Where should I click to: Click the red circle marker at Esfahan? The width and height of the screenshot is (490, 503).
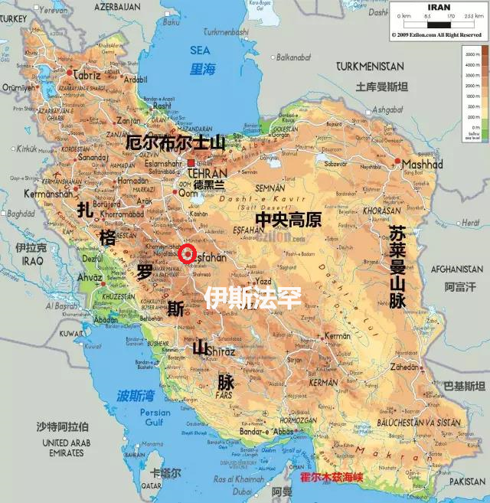pyautogui.click(x=188, y=254)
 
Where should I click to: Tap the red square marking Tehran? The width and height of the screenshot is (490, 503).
pyautogui.click(x=191, y=164)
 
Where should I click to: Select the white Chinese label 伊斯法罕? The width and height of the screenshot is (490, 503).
pyautogui.click(x=252, y=296)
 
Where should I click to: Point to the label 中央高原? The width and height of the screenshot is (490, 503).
pyautogui.click(x=288, y=220)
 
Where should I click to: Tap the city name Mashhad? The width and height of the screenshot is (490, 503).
pyautogui.click(x=422, y=165)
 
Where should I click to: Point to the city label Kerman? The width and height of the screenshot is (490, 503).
pyautogui.click(x=337, y=336)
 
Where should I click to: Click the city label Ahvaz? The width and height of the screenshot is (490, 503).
pyautogui.click(x=90, y=277)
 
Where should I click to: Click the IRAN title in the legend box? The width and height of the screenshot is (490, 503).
pyautogui.click(x=438, y=8)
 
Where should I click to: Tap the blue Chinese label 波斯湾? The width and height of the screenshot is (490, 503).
pyautogui.click(x=136, y=396)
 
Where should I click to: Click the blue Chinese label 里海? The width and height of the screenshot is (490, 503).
pyautogui.click(x=203, y=69)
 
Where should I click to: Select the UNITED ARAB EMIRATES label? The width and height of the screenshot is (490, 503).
pyautogui.click(x=67, y=448)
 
